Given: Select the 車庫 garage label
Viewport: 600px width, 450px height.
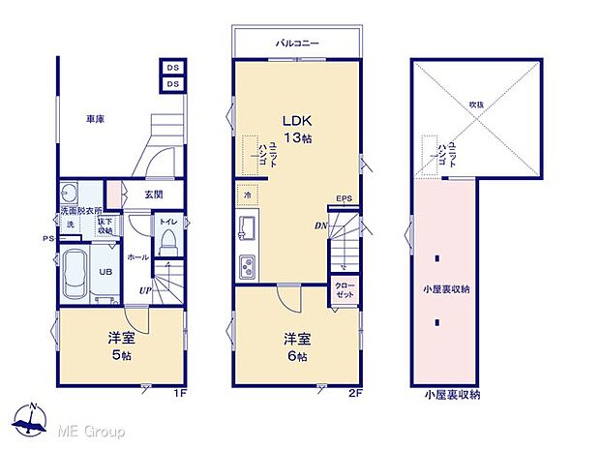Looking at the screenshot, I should pos(94,119).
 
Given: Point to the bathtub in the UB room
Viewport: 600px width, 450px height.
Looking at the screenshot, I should pos(75,276).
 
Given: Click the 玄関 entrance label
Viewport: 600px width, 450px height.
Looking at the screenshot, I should pos(154,195).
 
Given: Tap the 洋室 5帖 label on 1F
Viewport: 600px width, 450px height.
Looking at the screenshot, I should pos(120,346).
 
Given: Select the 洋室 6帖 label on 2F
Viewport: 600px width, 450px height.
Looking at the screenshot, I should pos(296,346).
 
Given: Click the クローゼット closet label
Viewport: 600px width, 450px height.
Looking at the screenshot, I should pos(345,291).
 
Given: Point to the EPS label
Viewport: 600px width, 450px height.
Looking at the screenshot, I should pos(344,200).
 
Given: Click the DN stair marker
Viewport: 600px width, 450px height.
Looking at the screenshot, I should pos(319,226).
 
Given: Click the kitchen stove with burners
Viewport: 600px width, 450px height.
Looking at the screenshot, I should pos(246,265).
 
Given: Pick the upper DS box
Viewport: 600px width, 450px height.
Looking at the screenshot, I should pos(172,68).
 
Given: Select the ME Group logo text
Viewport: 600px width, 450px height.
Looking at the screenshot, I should pos(92,430).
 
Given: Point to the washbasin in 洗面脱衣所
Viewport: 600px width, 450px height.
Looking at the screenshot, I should pos(69,191).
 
